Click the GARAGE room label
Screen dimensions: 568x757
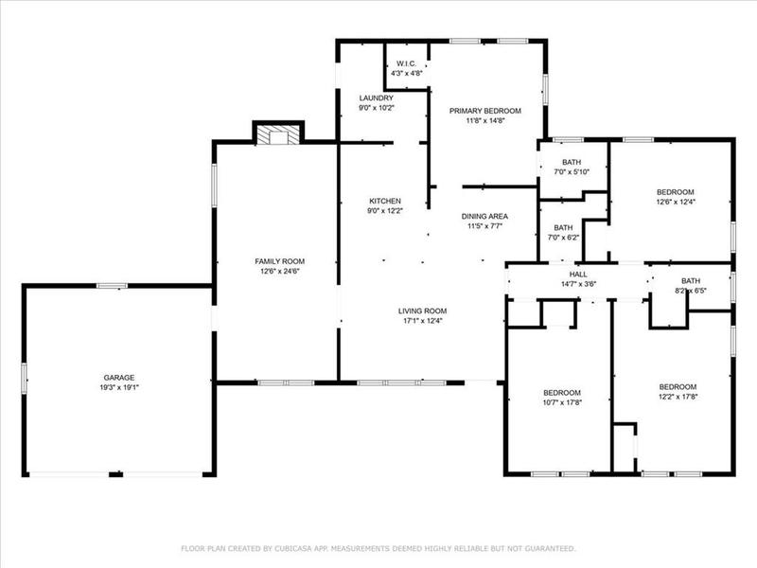click(x=118, y=378)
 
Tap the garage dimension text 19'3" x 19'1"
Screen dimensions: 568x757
click(x=118, y=387)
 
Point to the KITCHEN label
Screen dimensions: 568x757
click(x=385, y=201)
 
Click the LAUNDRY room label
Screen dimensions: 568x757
click(x=376, y=98)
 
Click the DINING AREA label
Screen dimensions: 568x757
click(x=484, y=217)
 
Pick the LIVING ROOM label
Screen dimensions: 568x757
click(x=422, y=311)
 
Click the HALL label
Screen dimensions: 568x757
click(x=578, y=274)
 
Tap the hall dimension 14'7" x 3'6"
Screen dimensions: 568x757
click(x=578, y=283)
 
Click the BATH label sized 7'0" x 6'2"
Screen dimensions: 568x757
click(x=563, y=227)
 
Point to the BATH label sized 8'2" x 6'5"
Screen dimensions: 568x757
click(x=691, y=280)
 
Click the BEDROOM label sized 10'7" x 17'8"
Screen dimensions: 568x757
click(x=561, y=393)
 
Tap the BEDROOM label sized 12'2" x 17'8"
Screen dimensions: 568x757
click(x=678, y=386)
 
